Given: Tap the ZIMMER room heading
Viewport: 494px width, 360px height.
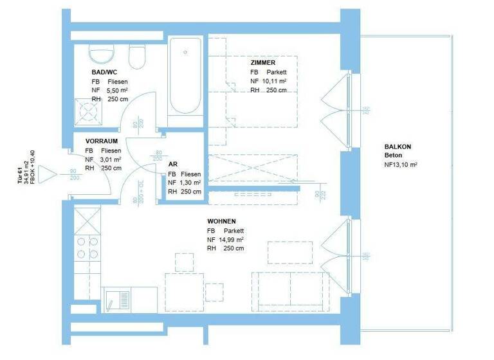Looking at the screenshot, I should click(x=263, y=62).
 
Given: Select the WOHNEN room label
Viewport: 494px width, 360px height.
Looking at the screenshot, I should click(x=221, y=221).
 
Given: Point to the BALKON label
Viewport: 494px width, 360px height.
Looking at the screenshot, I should click(x=398, y=147).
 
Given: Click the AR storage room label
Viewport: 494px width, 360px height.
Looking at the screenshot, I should click(x=172, y=165).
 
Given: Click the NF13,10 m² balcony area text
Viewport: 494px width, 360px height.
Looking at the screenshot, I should click(x=401, y=165).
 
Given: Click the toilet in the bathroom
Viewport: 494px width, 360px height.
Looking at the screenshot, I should click(x=137, y=58).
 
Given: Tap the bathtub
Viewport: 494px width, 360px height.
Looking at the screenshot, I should click(x=185, y=76).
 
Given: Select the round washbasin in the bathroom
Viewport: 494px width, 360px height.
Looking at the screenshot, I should click(x=99, y=55).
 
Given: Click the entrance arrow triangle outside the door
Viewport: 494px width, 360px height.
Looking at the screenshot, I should click(x=47, y=174).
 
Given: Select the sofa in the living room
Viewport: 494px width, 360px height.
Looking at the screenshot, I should click(x=291, y=291).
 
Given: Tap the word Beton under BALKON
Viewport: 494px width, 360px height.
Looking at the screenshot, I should click(x=394, y=156).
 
